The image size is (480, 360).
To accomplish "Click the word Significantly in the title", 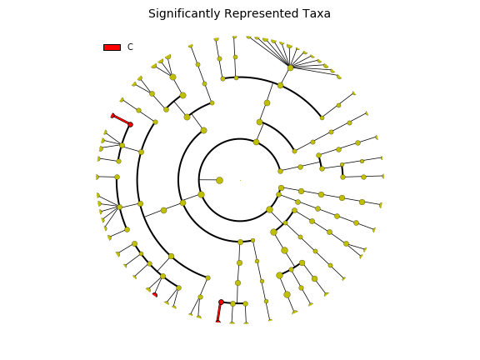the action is (x=184, y=14).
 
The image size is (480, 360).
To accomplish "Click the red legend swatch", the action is (x=112, y=47).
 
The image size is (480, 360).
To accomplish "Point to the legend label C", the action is (x=130, y=47).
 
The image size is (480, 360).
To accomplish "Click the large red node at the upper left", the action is (x=130, y=125).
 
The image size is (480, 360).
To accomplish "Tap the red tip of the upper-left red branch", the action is (x=112, y=115).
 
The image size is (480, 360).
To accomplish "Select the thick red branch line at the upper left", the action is (x=122, y=120).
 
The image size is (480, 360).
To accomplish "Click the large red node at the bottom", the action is (x=222, y=302).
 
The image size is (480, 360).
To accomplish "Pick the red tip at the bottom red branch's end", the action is (x=218, y=321).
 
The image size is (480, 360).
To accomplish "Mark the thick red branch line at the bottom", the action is (x=219, y=312).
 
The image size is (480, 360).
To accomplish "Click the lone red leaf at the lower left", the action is (x=155, y=295).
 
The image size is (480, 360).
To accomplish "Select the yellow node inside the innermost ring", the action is (x=219, y=180).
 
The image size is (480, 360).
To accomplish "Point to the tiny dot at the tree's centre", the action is (x=240, y=180).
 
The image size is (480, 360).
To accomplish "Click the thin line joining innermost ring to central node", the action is (x=209, y=180).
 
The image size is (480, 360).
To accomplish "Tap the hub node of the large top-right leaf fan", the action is (x=291, y=67).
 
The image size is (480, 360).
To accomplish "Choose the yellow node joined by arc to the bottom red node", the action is (x=233, y=303).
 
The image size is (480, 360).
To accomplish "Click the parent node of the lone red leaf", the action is (x=162, y=277).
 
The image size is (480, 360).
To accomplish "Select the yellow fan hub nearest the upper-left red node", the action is (x=122, y=145).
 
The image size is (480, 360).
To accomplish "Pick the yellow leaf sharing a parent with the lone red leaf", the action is (x=148, y=290).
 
